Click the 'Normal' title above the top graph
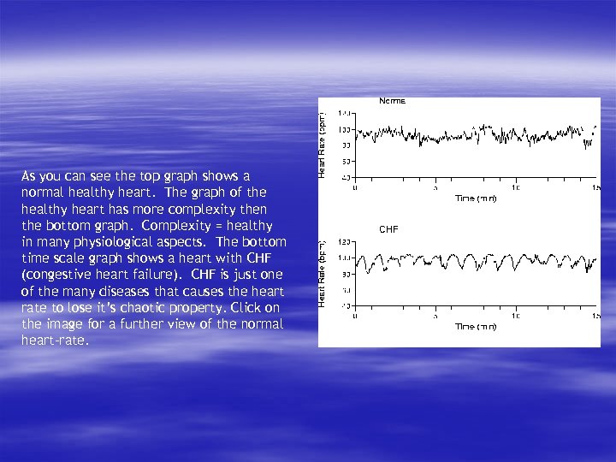point(392,101)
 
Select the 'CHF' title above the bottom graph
point(388,229)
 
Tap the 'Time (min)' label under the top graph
point(476,198)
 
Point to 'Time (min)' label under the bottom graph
point(476,326)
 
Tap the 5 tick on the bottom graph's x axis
point(435,315)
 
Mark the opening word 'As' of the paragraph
point(29,177)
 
